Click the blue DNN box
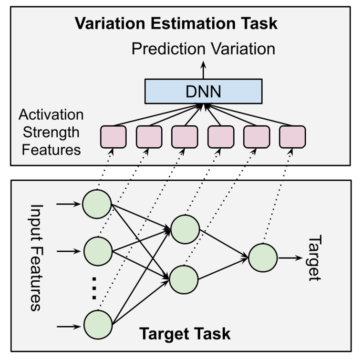point(203,91)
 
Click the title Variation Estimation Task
point(176,23)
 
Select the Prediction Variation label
point(203,49)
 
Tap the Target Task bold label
point(185,333)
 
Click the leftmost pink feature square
point(113,136)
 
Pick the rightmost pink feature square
point(292,136)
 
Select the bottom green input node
point(98,325)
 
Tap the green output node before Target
point(263,258)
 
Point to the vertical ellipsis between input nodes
point(94,287)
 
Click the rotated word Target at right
point(314,258)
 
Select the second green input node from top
point(98,250)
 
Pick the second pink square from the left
point(149,136)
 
